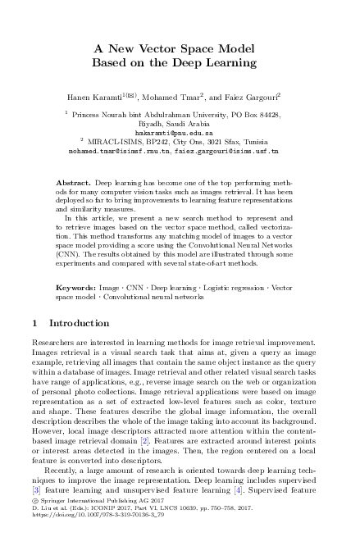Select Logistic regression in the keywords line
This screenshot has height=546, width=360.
pos(225,289)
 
